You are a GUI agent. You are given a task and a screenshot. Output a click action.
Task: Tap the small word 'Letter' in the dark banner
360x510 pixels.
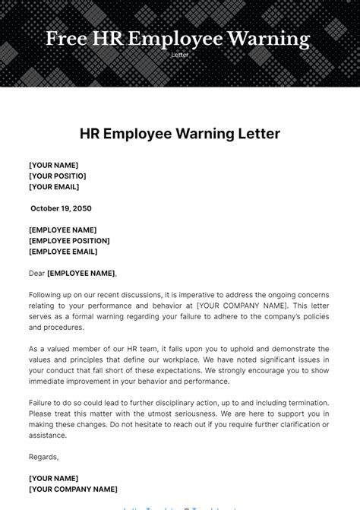(179, 55)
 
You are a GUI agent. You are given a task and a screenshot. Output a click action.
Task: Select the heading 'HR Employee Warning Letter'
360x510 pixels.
(180, 135)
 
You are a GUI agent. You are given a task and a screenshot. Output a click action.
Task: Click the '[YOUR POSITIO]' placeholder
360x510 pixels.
(57, 176)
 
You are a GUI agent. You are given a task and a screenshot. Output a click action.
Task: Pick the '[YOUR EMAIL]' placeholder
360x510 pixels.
(54, 186)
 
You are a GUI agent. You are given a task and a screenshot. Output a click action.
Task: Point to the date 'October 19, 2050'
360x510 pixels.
(62, 208)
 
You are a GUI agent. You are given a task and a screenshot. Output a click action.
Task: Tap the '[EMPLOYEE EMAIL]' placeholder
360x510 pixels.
(63, 252)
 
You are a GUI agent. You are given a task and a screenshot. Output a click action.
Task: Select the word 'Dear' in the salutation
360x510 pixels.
(36, 273)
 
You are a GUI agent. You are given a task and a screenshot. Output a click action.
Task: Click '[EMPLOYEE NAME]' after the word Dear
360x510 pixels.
(81, 273)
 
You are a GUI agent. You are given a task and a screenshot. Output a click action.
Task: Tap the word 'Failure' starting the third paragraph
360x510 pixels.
(43, 402)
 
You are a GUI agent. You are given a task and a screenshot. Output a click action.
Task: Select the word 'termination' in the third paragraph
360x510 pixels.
(305, 402)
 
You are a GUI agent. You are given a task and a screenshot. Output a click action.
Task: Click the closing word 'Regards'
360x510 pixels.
(43, 457)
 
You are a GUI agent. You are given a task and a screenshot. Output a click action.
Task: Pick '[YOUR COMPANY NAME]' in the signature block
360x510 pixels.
(73, 489)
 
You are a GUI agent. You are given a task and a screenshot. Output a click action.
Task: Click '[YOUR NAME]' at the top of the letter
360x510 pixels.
(53, 165)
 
